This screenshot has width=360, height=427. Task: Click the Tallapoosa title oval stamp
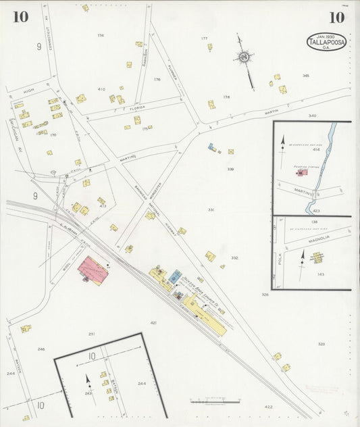tap(328, 42)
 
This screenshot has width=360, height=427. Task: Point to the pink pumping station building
tap(303, 173)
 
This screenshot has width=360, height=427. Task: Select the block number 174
tap(101, 35)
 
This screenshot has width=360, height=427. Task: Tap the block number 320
tap(321, 344)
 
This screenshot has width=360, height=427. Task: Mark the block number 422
tap(268, 407)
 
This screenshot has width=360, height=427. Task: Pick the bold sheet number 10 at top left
tap(20, 17)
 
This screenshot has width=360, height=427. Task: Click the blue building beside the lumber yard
tap(176, 276)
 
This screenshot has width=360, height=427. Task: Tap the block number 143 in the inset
tap(321, 274)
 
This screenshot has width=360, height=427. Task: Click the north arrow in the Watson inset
tap(87, 380)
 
